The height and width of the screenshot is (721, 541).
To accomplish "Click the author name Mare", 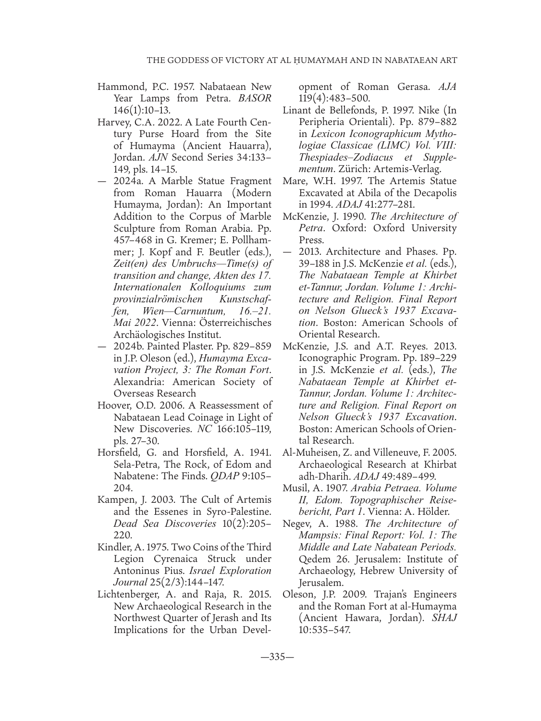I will pyautogui.click(x=294, y=181).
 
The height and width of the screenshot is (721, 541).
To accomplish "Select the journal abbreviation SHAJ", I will pyautogui.click(x=445, y=618).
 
